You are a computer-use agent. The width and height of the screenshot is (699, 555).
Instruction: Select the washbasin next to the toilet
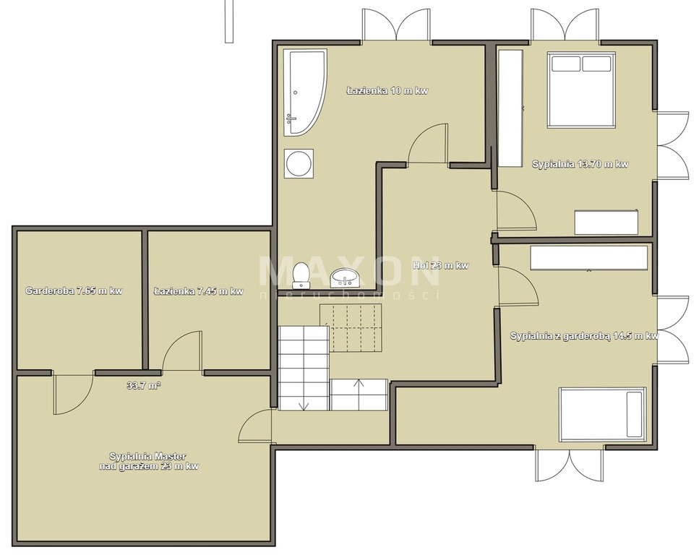344,277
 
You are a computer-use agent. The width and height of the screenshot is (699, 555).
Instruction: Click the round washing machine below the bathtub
299,164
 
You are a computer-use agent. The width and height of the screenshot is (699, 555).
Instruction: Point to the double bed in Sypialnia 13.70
581,90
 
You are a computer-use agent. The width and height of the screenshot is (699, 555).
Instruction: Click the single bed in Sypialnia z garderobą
602,414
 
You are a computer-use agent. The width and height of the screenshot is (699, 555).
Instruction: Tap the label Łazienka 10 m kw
387,91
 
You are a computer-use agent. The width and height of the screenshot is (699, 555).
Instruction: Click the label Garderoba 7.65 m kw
74,291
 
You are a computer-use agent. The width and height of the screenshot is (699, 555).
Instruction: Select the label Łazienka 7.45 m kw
198,291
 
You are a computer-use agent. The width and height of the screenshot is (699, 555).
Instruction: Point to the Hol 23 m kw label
441,266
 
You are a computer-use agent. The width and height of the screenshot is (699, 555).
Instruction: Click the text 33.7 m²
144,386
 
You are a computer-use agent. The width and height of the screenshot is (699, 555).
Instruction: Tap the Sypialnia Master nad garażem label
148,461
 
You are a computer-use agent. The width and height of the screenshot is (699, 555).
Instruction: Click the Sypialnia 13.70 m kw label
580,164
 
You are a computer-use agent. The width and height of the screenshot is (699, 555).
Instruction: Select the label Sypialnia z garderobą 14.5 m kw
585,336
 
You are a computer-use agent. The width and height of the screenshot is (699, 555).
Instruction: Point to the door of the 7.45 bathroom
182,350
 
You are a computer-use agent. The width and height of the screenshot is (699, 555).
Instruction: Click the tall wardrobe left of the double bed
510,108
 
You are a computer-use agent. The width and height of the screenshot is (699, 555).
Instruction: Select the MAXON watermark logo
350,271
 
